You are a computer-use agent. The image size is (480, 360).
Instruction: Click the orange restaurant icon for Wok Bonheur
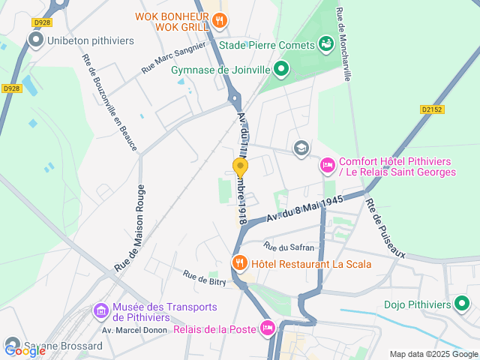(219, 21)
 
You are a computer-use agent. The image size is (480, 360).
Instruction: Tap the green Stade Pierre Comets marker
(325, 43)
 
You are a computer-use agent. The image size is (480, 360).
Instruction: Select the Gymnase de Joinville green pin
(281, 70)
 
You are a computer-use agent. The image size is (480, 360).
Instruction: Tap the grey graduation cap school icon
(301, 148)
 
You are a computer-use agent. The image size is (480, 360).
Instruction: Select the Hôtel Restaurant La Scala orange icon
(239, 263)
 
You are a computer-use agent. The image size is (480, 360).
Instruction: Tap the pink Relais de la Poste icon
(267, 327)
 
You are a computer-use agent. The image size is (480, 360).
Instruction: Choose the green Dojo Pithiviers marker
(463, 304)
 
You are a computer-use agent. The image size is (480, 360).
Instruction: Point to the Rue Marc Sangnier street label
(173, 58)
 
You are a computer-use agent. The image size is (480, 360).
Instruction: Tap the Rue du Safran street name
(289, 246)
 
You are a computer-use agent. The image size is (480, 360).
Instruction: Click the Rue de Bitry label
(205, 279)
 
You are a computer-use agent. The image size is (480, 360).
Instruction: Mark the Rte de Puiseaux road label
(385, 228)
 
